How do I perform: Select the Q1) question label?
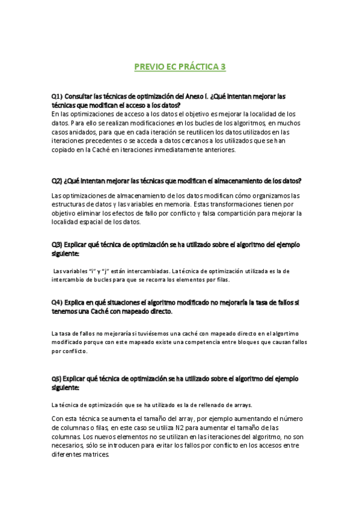[57, 96]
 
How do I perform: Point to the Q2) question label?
[57, 181]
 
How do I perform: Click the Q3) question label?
[57, 245]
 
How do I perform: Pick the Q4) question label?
[57, 303]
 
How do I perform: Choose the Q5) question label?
[57, 379]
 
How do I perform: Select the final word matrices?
[95, 455]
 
